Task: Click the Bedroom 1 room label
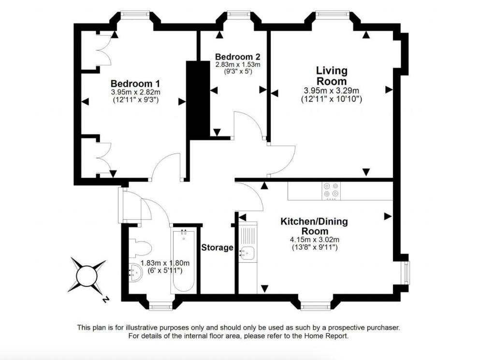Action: coord(135,84)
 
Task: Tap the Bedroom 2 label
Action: coord(238,57)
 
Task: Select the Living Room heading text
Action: coord(332,75)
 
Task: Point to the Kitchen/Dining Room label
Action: coord(314,226)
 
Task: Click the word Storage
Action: coord(217,247)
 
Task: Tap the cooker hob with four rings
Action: coord(331,191)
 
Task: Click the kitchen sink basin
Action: coord(247,253)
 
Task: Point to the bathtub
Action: coord(183,261)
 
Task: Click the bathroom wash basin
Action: coord(136,273)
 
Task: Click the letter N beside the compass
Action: coord(106,299)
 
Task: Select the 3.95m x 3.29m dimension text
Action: coord(332,91)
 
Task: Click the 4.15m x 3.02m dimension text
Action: coord(315,240)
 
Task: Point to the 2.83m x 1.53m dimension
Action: coord(238,65)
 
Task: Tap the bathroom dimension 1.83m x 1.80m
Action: coord(165,263)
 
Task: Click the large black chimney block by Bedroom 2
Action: coord(198,100)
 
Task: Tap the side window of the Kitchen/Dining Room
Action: coord(407,272)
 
